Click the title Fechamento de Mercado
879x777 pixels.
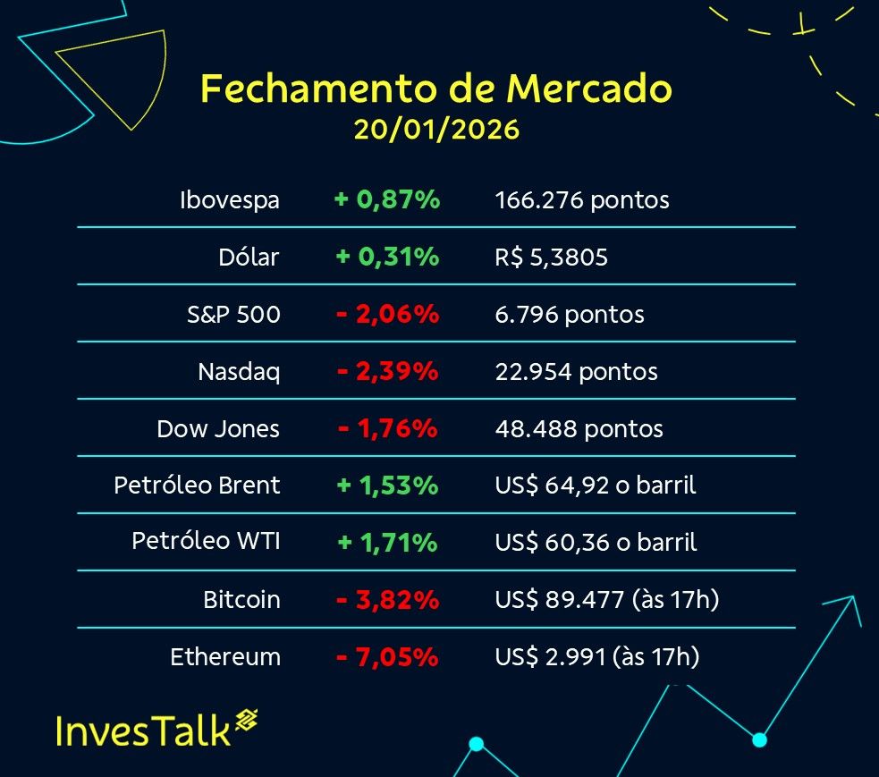[436, 89]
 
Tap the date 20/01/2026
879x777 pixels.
[436, 130]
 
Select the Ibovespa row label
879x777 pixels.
[230, 200]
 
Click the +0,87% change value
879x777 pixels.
[387, 200]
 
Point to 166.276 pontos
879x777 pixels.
[582, 200]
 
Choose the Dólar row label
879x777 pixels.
[249, 258]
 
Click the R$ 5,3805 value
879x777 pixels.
[552, 258]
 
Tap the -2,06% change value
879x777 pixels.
[387, 315]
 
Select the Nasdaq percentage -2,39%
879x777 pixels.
[387, 372]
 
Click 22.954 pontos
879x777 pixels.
[576, 372]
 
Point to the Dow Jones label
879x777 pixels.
[218, 429]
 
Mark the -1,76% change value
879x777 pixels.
[387, 429]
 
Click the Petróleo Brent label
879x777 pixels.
[197, 486]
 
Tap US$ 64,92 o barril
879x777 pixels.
[596, 486]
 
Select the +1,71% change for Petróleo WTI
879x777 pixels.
[387, 543]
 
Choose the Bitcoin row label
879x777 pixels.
[241, 600]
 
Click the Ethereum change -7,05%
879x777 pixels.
[387, 657]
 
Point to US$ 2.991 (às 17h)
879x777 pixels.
[597, 657]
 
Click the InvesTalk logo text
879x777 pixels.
[143, 729]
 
